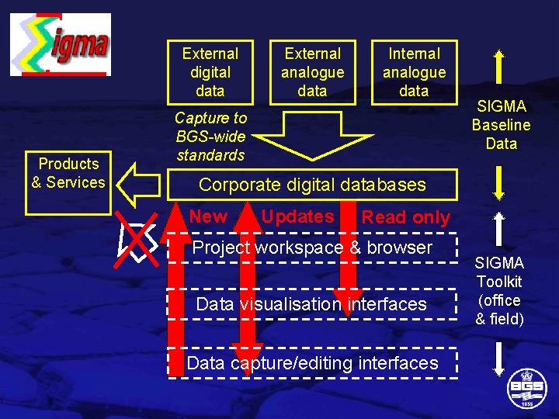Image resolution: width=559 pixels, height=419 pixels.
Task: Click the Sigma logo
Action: [60, 44]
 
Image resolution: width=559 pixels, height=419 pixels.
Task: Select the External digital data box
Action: [210, 72]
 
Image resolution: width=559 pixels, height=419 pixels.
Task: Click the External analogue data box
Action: [312, 72]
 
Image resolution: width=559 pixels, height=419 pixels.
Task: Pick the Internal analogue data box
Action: [414, 72]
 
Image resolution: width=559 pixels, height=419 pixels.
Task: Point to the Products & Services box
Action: [68, 173]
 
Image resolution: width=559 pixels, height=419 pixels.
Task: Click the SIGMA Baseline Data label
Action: [501, 125]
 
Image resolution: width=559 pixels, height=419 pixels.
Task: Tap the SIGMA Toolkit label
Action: [499, 291]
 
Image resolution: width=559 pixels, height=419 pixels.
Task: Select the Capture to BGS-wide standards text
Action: [210, 137]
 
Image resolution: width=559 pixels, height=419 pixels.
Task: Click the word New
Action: [208, 217]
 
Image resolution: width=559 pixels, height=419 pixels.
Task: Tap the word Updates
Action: [297, 217]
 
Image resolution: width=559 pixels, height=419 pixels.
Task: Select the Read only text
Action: [405, 218]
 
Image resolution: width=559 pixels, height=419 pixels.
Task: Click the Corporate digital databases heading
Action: [312, 185]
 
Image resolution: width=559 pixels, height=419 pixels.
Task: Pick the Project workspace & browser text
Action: [312, 248]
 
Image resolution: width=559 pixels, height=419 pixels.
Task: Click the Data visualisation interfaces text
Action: [311, 304]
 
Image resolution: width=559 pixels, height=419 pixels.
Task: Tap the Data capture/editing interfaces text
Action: [312, 363]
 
